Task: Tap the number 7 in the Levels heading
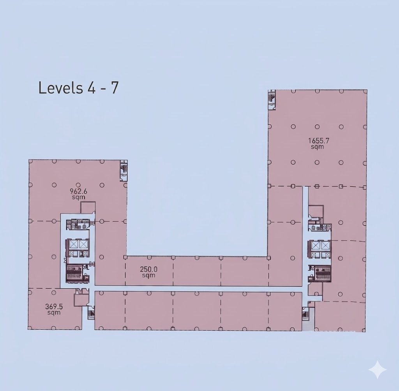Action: tap(115, 88)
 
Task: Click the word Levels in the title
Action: tap(60, 88)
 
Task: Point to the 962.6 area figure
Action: tap(78, 191)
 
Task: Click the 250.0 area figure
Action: tap(149, 269)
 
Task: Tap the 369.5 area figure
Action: tap(54, 307)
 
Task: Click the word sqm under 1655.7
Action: tap(317, 147)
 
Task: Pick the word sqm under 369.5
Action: tap(54, 312)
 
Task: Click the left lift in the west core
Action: tap(74, 244)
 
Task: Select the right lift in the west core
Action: tap(83, 244)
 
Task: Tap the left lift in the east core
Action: tap(316, 245)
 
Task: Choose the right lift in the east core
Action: tap(325, 245)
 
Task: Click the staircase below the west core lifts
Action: tap(74, 274)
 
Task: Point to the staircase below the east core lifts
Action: tap(323, 274)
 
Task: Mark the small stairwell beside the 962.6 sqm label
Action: tap(124, 170)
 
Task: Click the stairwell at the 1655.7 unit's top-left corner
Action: tap(272, 100)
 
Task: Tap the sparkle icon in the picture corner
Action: tap(378, 369)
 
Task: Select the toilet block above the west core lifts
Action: tap(78, 224)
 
